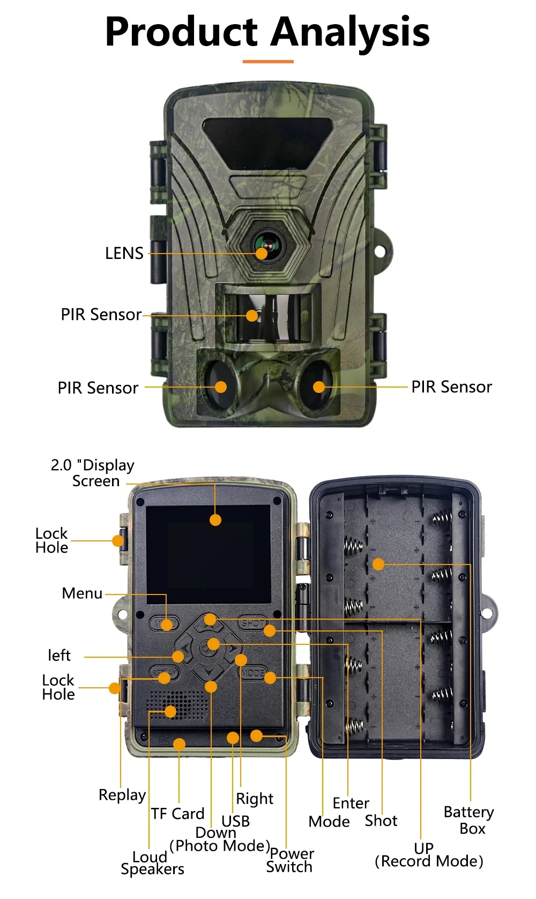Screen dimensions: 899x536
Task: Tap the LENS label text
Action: (124, 253)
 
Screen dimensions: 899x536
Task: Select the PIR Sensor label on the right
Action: (451, 387)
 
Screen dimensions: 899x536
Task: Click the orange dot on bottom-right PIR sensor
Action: (319, 387)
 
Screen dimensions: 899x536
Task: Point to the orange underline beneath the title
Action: (268, 62)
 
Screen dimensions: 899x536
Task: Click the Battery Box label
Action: (468, 820)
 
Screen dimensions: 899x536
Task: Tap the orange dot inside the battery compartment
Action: (378, 564)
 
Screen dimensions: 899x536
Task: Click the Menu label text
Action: (82, 593)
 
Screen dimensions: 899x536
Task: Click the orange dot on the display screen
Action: (215, 519)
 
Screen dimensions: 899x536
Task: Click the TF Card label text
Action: (177, 814)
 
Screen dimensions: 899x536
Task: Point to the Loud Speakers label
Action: (152, 863)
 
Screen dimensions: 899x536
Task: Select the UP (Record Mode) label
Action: (428, 855)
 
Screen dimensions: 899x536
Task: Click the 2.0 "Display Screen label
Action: (93, 473)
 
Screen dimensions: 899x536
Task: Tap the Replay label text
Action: (122, 795)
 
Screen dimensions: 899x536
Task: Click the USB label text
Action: (236, 821)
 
